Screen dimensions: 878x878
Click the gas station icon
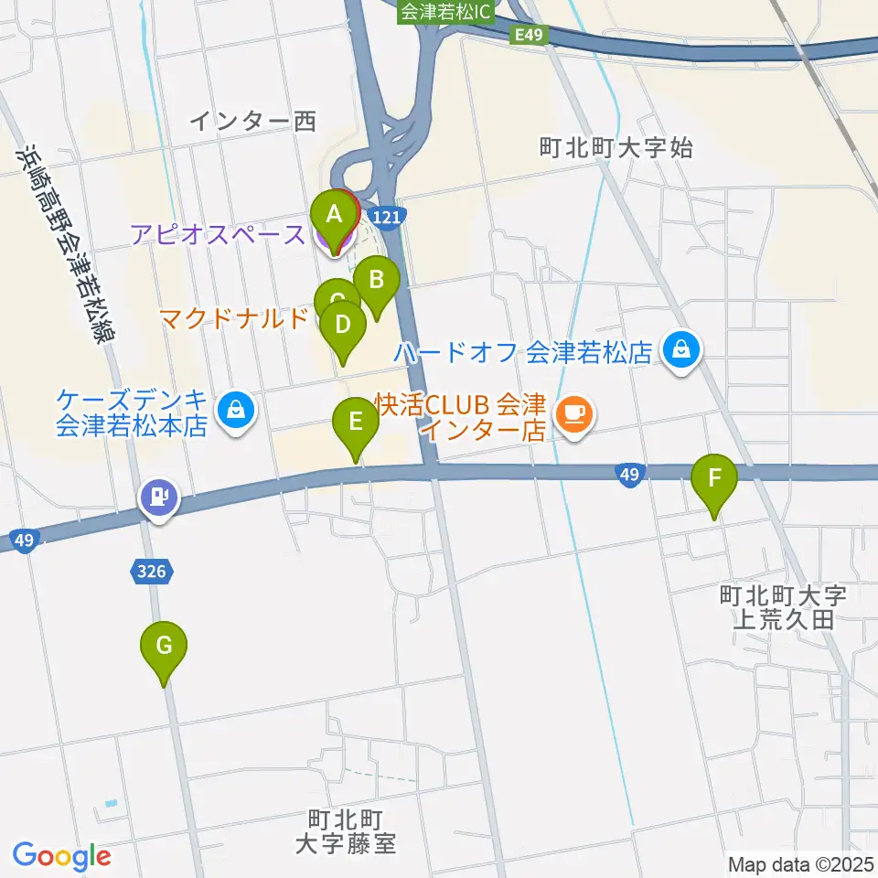coord(159,498)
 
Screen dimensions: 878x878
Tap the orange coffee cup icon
coord(574,413)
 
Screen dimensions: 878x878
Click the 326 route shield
coord(152,572)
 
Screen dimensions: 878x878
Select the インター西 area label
coord(253,120)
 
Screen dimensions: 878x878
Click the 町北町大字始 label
coord(615,146)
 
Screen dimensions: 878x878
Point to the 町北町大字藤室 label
coord(346,830)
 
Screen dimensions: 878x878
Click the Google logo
coord(61,856)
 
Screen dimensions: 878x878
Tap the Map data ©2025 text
coord(801,864)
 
